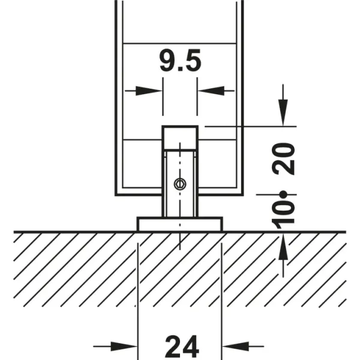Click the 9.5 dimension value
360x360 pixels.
pos(181,61)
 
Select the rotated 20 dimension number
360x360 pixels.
pos(283,159)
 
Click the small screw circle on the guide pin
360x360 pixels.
pos(180,184)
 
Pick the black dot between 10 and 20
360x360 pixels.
pos(284,194)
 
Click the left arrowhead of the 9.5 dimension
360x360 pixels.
pos(149,91)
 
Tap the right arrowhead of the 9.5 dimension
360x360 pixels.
pos(211,91)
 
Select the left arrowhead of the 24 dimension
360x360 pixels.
pos(124,346)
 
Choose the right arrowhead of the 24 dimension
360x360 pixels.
pos(235,346)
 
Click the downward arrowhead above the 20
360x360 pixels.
pos(283,113)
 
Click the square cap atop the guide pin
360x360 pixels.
pos(180,137)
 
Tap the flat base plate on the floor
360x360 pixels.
pos(180,224)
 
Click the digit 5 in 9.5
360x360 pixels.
pos(193,61)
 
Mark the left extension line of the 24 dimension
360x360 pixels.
pos(137,301)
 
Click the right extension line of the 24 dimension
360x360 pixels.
pos(221,301)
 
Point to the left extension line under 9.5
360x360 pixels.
pos(163,97)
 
